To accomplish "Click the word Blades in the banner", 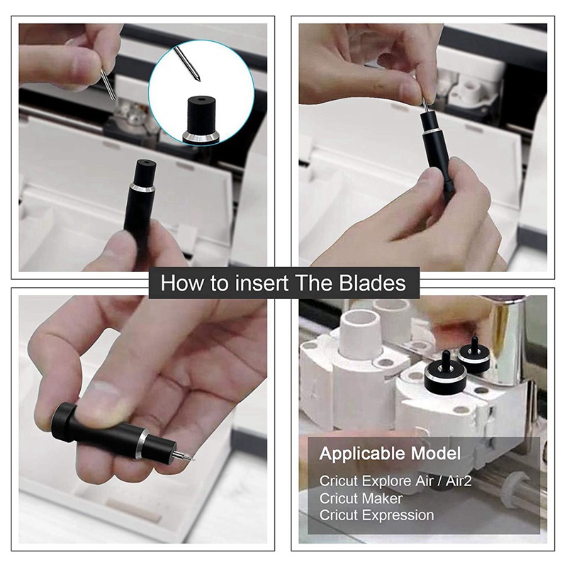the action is (373, 283).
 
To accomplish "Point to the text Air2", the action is (459, 481).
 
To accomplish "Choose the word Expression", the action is (398, 516).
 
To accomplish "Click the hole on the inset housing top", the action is (201, 99).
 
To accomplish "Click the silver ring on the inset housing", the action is (201, 137).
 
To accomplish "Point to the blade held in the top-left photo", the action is (108, 84).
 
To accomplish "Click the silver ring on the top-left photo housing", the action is (142, 188).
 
